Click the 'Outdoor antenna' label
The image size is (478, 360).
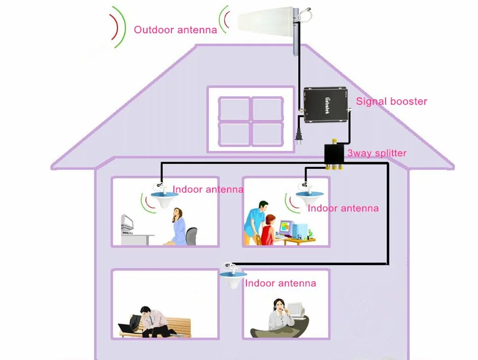[x=175, y=30]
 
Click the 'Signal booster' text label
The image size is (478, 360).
[x=392, y=101]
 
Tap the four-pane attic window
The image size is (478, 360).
[x=244, y=119]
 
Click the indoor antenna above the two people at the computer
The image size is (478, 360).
[x=306, y=196]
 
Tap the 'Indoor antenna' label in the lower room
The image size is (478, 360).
[x=280, y=283]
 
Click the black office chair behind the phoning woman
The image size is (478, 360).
[x=192, y=236]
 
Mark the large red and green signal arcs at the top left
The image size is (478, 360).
[x=116, y=27]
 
